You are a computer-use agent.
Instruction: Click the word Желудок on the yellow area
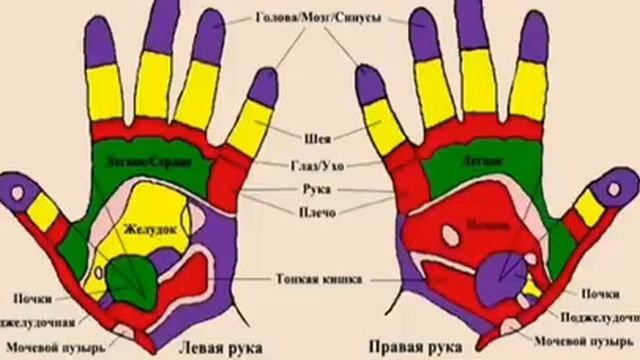(143, 230)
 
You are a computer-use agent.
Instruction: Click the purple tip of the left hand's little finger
(263, 87)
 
